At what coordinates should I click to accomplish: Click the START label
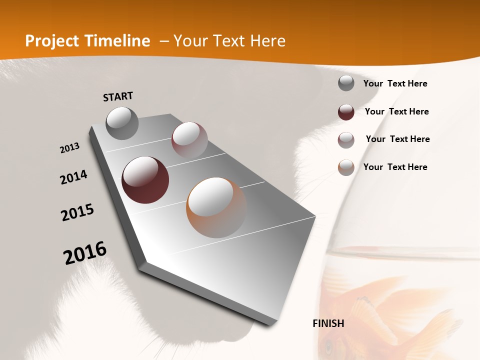pyautogui.click(x=118, y=96)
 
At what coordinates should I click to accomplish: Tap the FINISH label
pyautogui.click(x=328, y=323)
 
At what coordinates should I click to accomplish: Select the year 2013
pyautogui.click(x=69, y=148)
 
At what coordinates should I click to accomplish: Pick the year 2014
pyautogui.click(x=73, y=177)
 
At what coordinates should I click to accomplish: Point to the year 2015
pyautogui.click(x=77, y=212)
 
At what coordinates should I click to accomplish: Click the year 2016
pyautogui.click(x=85, y=252)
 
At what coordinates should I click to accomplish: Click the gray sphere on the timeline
pyautogui.click(x=122, y=123)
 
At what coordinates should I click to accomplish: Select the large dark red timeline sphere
pyautogui.click(x=145, y=180)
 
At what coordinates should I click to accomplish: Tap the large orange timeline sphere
pyautogui.click(x=216, y=207)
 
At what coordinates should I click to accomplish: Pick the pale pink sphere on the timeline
pyautogui.click(x=189, y=140)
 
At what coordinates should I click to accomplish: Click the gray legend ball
pyautogui.click(x=346, y=83)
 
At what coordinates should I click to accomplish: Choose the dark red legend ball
pyautogui.click(x=346, y=112)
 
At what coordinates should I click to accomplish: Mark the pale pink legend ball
pyautogui.click(x=346, y=140)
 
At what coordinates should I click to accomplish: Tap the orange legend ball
pyautogui.click(x=346, y=167)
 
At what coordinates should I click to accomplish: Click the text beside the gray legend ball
pyautogui.click(x=395, y=83)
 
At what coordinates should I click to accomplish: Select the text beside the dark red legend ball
pyautogui.click(x=396, y=111)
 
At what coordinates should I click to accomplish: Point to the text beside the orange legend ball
pyautogui.click(x=395, y=167)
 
